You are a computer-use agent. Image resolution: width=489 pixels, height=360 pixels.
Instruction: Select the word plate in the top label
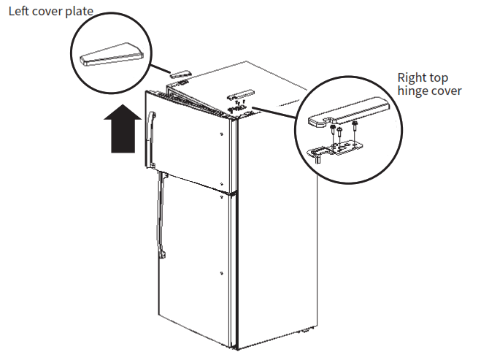point(77,12)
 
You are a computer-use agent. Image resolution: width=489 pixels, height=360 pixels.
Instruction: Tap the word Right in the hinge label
point(412,77)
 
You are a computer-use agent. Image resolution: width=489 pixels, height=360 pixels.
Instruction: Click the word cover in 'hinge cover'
point(447,93)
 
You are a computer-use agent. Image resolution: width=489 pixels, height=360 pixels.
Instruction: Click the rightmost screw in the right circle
point(355,132)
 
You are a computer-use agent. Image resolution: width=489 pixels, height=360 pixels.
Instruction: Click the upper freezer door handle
point(152,138)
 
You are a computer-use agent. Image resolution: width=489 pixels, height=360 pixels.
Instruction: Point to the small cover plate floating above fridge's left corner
point(180,73)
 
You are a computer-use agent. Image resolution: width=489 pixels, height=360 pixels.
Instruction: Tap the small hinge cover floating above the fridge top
point(240,94)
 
